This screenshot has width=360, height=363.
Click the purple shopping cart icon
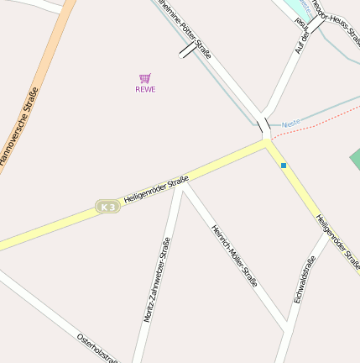click(145, 78)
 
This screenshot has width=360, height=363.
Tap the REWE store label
click(145, 89)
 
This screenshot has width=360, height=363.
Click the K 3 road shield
click(107, 207)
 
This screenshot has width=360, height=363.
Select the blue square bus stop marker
click(284, 166)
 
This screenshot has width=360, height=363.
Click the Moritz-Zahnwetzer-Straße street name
click(156, 280)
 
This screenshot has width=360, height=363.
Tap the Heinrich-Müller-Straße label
click(234, 255)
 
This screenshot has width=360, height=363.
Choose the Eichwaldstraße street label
click(304, 279)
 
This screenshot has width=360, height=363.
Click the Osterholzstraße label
click(97, 348)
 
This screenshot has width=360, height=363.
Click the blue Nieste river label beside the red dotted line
click(290, 124)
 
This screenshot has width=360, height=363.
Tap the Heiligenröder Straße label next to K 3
click(156, 190)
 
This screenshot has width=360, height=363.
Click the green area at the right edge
click(355, 159)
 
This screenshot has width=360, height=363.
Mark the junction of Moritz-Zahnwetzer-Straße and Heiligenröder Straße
click(180, 187)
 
